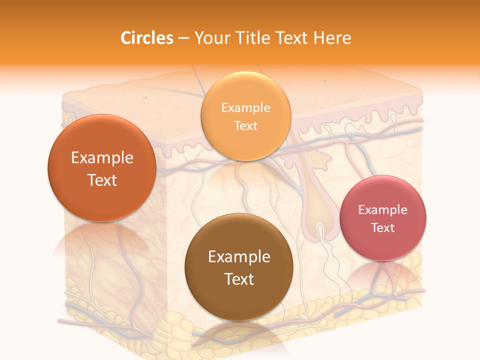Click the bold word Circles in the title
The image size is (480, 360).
click(146, 38)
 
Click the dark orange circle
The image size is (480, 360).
click(102, 168)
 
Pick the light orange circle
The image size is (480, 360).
click(245, 116)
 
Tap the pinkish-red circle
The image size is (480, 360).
click(383, 218)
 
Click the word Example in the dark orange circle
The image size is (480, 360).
click(102, 158)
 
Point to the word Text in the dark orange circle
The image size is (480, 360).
click(102, 180)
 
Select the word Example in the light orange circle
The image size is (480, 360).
click(245, 108)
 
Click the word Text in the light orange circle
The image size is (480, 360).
click(245, 125)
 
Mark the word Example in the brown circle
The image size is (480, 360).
click(239, 257)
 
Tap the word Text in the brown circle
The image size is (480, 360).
click(239, 279)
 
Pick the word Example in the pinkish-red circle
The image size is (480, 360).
click(383, 210)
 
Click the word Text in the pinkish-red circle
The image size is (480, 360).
click(383, 228)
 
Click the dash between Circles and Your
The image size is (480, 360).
click(183, 38)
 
